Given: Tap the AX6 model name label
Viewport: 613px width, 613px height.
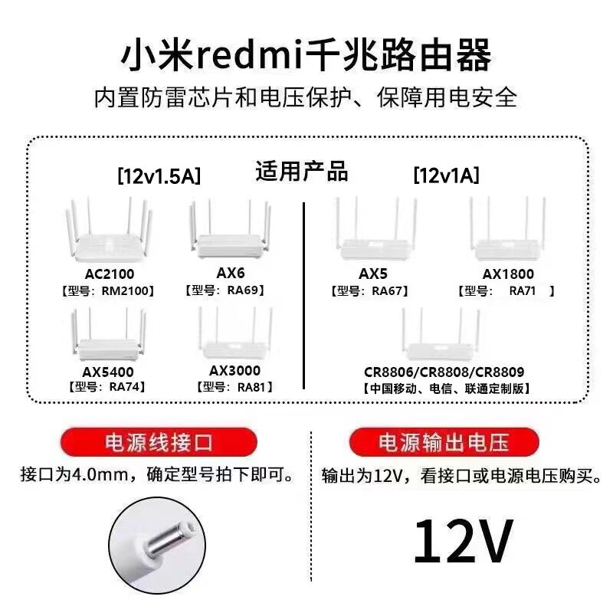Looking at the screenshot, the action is pyautogui.click(x=228, y=273).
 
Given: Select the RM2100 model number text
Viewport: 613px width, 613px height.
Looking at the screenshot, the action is pyautogui.click(x=128, y=290).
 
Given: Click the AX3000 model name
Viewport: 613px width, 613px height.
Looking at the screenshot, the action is pyautogui.click(x=234, y=370).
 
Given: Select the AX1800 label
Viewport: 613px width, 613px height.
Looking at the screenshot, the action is pyautogui.click(x=508, y=273).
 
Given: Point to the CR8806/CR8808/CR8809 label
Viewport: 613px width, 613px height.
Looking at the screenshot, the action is pyautogui.click(x=444, y=372).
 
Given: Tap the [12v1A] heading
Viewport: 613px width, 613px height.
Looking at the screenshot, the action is pyautogui.click(x=446, y=176).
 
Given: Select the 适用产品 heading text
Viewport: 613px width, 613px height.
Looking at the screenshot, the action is pyautogui.click(x=302, y=171).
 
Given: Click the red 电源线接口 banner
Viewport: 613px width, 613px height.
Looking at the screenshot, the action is pyautogui.click(x=158, y=442).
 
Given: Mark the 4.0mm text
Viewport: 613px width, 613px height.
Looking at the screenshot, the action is pyautogui.click(x=102, y=476).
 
